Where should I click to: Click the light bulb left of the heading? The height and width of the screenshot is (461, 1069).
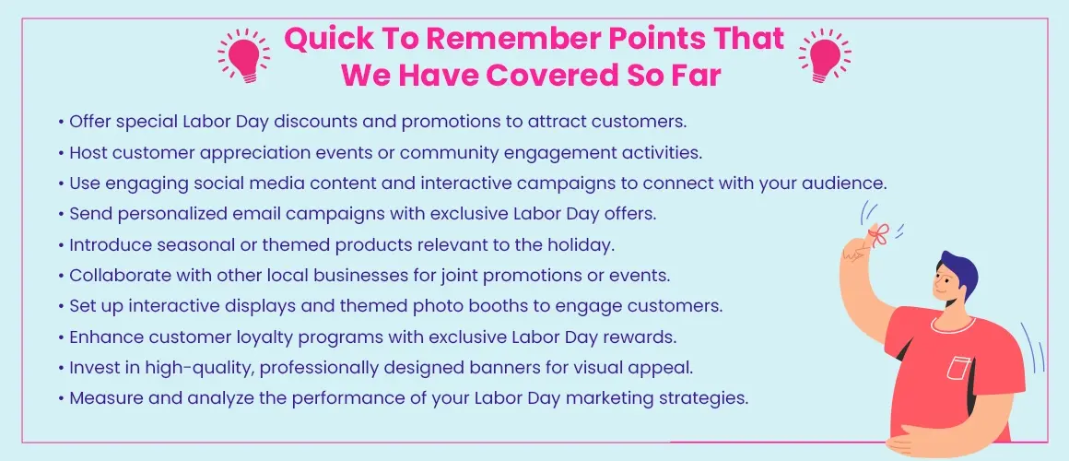pyautogui.click(x=243, y=56)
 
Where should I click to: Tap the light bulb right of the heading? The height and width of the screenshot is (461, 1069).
pyautogui.click(x=824, y=56)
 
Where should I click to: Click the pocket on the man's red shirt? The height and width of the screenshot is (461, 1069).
pyautogui.click(x=957, y=366)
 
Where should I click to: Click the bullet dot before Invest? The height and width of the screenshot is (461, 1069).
pyautogui.click(x=62, y=368)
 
